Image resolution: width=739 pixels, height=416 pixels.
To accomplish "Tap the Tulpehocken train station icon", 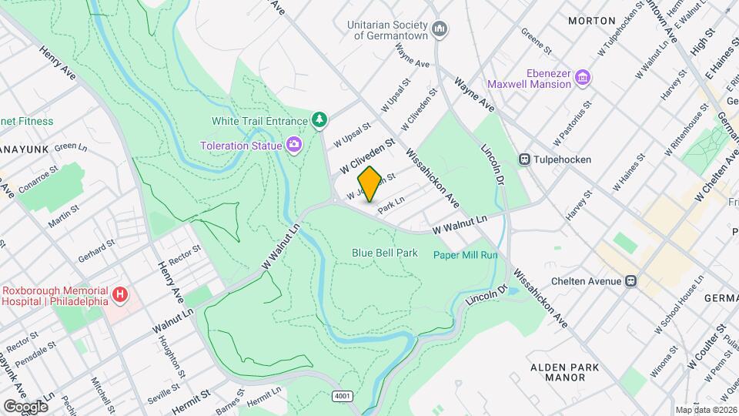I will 525,159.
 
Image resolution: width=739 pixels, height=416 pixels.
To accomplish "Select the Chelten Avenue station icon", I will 631,280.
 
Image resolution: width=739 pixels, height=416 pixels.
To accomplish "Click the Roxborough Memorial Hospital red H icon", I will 119,295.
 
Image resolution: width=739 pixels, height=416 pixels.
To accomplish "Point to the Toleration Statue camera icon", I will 293,145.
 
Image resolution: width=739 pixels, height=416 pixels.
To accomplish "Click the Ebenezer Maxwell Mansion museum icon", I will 583,78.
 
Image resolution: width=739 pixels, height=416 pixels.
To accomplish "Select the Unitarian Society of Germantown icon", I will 440,30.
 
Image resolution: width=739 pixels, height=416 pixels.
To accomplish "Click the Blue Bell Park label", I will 385,252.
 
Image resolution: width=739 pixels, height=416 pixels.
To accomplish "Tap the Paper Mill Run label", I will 465,255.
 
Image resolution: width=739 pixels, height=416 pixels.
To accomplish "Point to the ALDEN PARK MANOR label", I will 564,373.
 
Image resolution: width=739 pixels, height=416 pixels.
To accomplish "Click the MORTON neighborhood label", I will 591,21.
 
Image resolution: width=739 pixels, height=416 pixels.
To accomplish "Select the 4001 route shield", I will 343,396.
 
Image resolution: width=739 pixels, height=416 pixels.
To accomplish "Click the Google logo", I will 25,406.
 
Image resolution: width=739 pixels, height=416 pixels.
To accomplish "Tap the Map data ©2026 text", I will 706,410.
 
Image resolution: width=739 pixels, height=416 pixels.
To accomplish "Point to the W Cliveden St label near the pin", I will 367,155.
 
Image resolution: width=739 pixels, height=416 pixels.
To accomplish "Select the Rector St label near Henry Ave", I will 185,255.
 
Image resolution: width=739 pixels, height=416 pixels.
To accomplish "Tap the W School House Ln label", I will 678,300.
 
